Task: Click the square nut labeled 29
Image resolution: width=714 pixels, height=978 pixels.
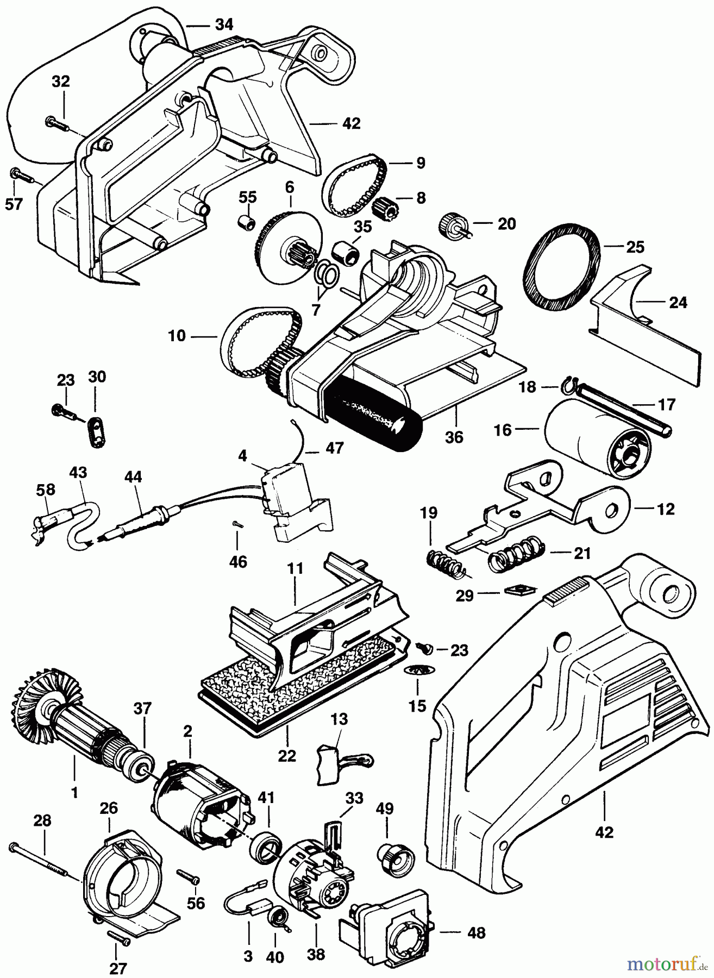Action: coord(518,590)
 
